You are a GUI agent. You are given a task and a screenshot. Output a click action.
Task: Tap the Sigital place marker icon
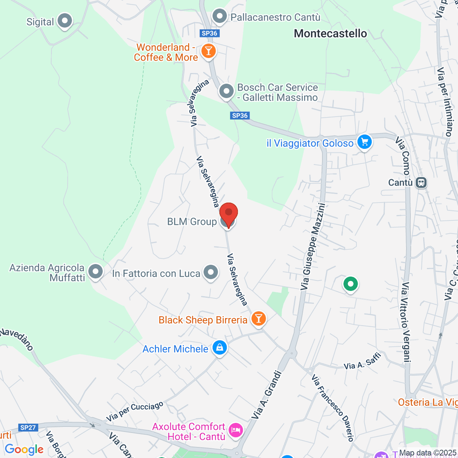click(65, 21)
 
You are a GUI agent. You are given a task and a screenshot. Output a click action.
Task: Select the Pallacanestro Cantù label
click(275, 17)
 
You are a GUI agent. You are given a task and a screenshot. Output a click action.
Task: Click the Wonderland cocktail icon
click(208, 51)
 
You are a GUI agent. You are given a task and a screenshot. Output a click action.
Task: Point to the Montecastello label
click(331, 34)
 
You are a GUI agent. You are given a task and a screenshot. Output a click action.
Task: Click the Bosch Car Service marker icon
click(226, 92)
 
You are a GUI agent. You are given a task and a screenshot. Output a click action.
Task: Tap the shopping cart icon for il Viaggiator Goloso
click(364, 142)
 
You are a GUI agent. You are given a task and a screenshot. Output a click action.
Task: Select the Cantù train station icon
click(421, 182)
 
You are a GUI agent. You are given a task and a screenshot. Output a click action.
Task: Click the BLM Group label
click(192, 222)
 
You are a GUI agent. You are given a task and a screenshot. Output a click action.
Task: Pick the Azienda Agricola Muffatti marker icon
click(95, 272)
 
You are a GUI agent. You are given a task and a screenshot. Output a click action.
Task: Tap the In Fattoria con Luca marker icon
click(211, 273)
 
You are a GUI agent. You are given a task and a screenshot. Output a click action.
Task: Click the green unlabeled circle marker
click(350, 284)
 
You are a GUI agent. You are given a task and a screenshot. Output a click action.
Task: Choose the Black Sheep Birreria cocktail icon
click(258, 318)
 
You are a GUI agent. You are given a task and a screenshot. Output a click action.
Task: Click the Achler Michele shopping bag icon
click(219, 348)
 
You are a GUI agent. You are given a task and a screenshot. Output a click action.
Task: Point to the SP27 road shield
click(28, 427)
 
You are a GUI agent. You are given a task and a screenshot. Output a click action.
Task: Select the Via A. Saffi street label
click(362, 362)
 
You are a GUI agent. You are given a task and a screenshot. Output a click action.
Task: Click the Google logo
click(24, 449)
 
